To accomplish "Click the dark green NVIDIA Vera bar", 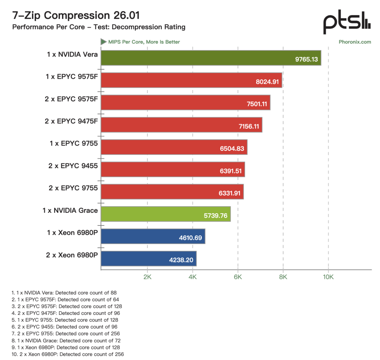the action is [211, 58].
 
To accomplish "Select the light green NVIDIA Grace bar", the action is [166, 214].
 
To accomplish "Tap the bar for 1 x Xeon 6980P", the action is [153, 236].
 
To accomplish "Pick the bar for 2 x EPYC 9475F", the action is [182, 125].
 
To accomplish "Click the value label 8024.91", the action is [267, 81].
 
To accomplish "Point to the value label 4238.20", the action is [181, 260].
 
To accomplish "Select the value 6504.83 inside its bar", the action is [232, 148].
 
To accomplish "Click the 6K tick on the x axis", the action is [238, 277].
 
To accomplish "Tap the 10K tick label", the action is [328, 277].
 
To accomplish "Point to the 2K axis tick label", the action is [147, 277].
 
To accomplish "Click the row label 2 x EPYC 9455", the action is [73, 166].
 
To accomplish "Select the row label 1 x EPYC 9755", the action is [74, 144].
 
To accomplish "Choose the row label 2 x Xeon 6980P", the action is [72, 255].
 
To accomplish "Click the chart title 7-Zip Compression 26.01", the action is [76, 15].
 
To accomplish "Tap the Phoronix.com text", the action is [355, 42].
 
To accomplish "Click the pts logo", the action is [347, 22].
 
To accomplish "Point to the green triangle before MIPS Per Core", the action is [103, 42].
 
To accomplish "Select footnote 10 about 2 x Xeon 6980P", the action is [68, 354].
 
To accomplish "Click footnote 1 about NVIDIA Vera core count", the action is [64, 293].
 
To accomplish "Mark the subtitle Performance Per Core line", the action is [99, 27].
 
